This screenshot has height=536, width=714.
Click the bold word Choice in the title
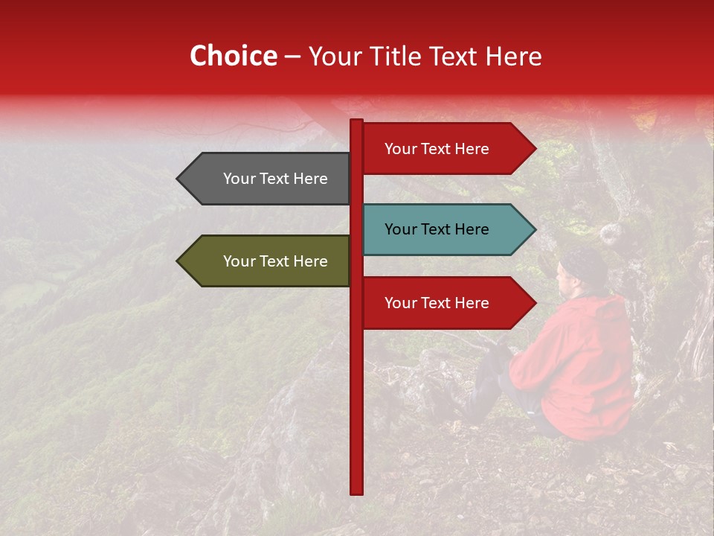233,56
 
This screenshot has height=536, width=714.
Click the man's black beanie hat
585,264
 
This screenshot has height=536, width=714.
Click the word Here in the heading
513,56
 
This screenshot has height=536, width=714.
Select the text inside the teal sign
437,229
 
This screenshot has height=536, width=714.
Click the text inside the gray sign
275,179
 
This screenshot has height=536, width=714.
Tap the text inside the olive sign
275,261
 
